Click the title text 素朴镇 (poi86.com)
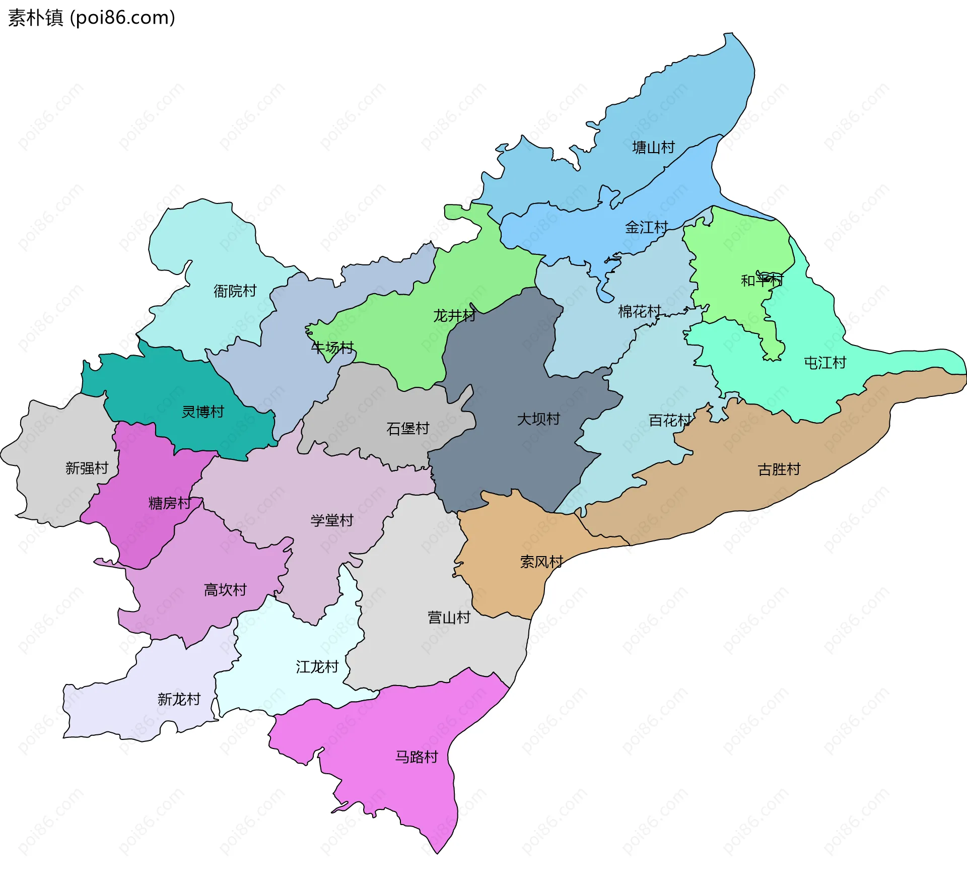point(92,18)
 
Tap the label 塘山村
point(653,148)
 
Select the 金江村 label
point(646,228)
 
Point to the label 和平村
point(762,281)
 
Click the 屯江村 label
point(824,363)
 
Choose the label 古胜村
point(779,469)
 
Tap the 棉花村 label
point(639,312)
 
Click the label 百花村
point(669,420)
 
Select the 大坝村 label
point(538,419)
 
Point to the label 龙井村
point(454,316)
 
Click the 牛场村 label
point(332,348)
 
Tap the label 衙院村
point(235,291)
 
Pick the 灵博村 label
point(202,412)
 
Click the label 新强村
point(87,468)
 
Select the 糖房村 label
point(170,503)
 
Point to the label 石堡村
point(407,429)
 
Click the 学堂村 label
point(332,520)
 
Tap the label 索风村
point(541,562)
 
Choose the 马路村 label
point(417,757)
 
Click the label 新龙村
point(179,699)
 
